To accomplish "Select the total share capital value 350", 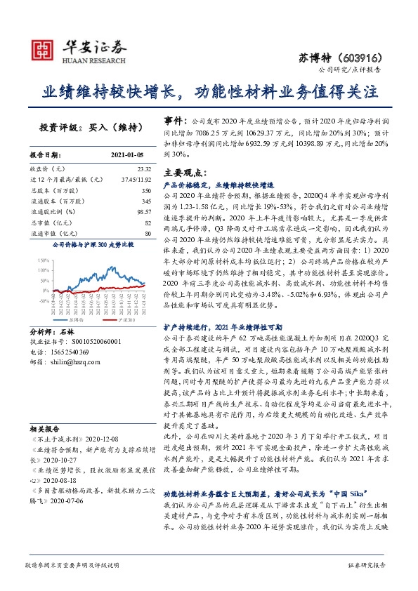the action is point(145,190).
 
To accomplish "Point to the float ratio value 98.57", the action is point(144,211).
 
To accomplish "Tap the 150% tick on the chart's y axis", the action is point(40,260).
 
